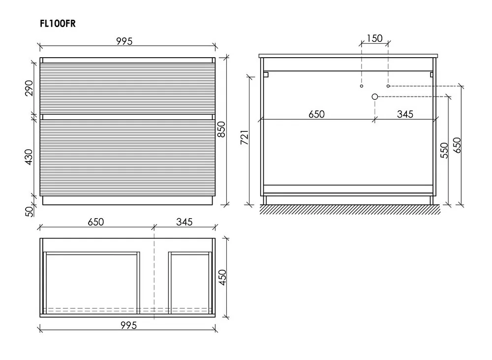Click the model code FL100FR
58,24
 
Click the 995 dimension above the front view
124,41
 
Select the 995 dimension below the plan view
128,325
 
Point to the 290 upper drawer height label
29,88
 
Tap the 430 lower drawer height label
29,157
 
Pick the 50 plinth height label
29,211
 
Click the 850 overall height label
221,129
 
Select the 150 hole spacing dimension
374,38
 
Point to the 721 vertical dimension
245,137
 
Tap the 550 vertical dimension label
444,151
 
